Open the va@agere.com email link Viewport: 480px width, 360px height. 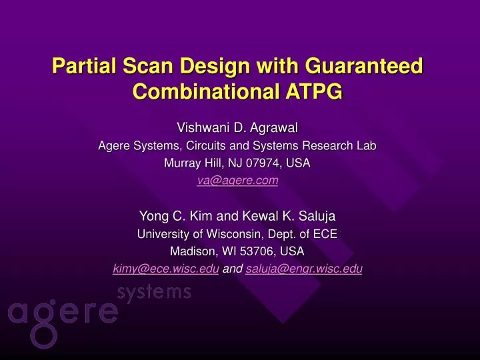coord(238,180)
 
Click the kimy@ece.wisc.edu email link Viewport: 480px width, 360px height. coord(166,269)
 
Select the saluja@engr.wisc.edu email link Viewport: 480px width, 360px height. coord(304,269)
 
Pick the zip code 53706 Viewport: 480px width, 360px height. coord(259,251)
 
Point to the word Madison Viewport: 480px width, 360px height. coord(193,251)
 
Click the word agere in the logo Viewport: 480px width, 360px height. coord(63,313)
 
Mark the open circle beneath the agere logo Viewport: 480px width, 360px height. coord(45,337)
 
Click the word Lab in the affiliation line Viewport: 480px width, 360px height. coord(367,145)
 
